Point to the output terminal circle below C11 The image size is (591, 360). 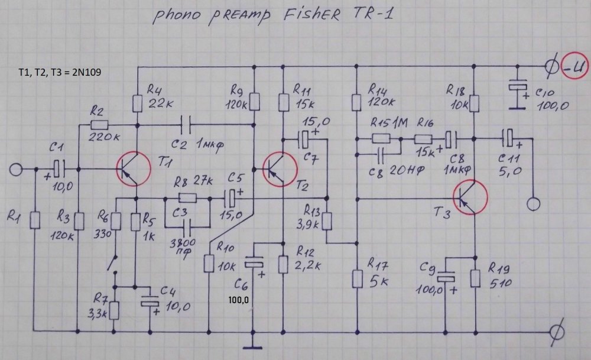tap(533, 204)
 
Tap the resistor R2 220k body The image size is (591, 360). tap(100, 125)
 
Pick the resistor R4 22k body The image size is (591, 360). tap(138, 104)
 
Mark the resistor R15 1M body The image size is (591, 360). tap(381, 140)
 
